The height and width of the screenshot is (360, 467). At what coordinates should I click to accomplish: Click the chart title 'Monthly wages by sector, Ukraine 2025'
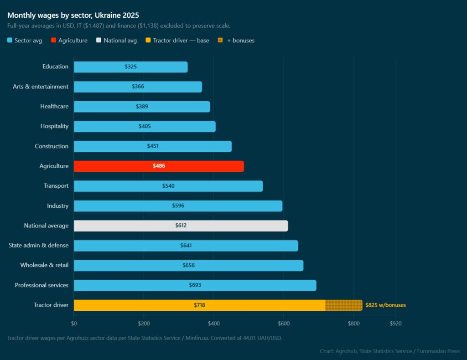(x=73, y=15)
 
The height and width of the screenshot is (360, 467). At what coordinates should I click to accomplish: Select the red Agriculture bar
(x=159, y=166)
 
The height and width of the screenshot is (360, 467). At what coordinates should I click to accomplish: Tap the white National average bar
(x=181, y=226)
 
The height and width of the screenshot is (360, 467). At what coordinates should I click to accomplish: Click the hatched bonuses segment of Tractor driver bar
(x=343, y=305)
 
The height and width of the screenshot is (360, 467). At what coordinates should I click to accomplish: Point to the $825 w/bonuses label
(x=385, y=305)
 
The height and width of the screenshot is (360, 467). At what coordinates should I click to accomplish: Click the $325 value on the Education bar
(x=130, y=67)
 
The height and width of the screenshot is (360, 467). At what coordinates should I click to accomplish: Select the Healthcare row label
(x=54, y=107)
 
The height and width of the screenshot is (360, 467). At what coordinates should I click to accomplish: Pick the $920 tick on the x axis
(x=395, y=324)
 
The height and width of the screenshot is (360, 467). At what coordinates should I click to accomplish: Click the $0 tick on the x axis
(x=74, y=324)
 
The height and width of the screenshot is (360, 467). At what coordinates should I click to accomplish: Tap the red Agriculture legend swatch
(x=53, y=41)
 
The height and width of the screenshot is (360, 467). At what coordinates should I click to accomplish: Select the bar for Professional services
(x=195, y=285)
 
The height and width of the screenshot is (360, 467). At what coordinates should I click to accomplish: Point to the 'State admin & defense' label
(x=39, y=246)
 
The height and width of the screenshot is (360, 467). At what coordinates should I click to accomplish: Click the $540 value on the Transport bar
(x=168, y=186)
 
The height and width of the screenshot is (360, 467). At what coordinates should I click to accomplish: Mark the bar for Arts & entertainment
(x=138, y=87)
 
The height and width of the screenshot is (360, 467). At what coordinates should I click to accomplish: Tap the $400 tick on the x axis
(x=213, y=324)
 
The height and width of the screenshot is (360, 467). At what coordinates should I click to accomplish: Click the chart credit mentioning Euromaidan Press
(x=390, y=351)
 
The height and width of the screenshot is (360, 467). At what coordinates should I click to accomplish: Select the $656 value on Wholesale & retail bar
(x=188, y=265)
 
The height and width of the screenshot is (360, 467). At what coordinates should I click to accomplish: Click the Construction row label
(x=52, y=146)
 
